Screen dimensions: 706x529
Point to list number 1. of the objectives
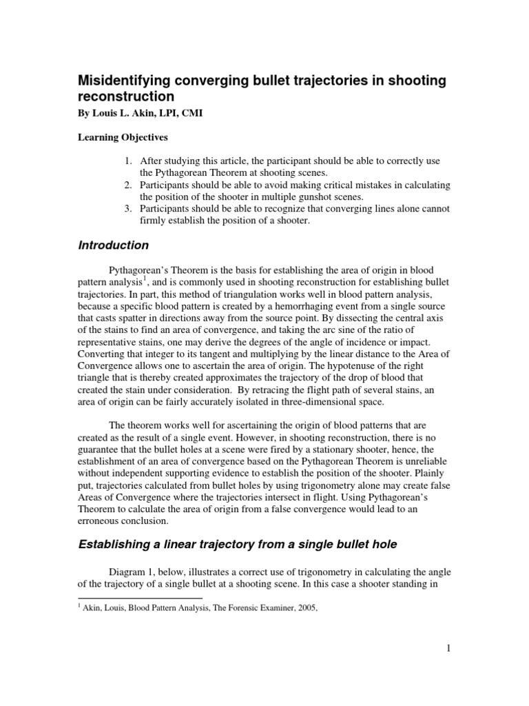click(128, 161)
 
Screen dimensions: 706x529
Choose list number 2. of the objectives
click(128, 185)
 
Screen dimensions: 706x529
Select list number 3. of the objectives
click(128, 208)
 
